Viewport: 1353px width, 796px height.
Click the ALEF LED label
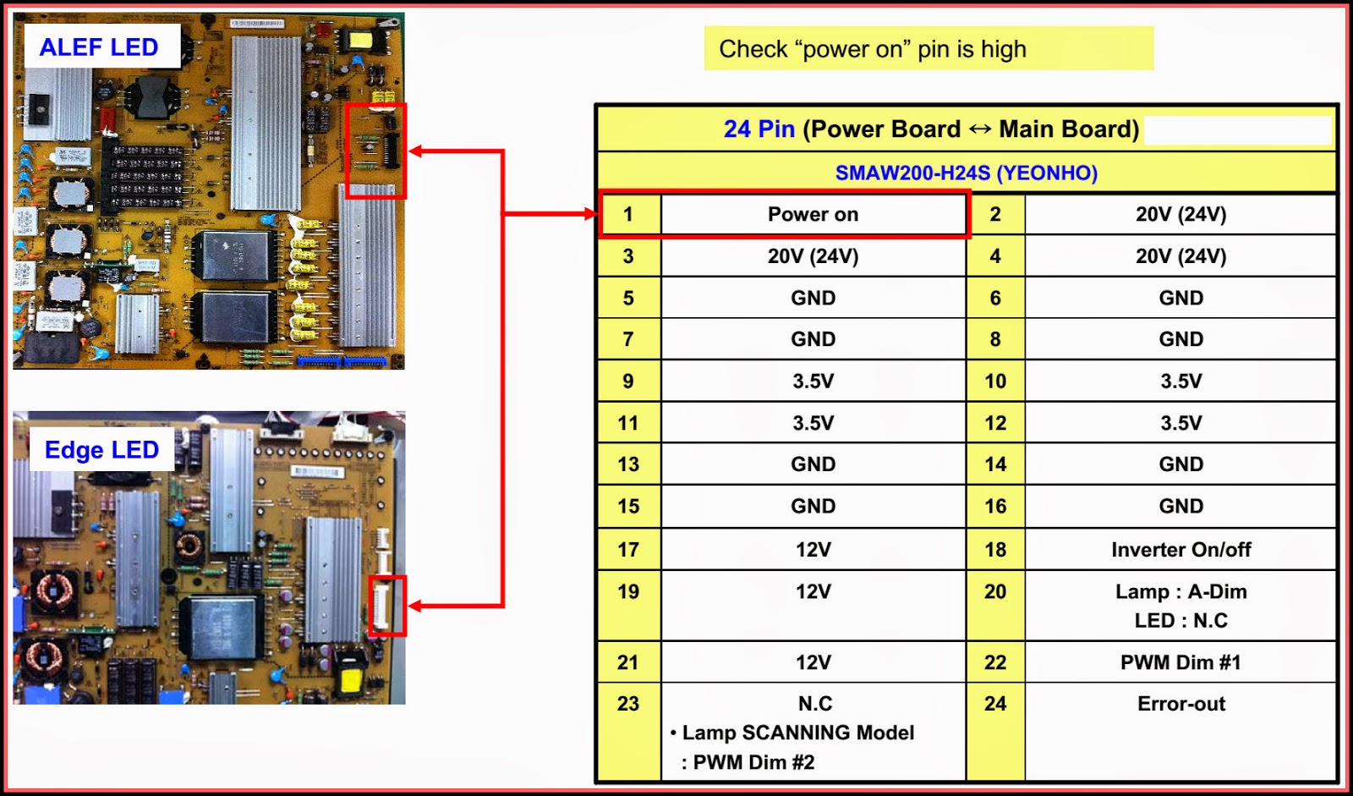[x=99, y=47]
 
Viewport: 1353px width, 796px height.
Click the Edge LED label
[x=101, y=450]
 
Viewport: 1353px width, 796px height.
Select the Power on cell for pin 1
[x=813, y=215]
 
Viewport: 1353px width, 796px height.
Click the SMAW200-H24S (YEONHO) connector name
[x=966, y=173]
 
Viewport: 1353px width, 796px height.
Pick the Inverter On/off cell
[x=1180, y=550]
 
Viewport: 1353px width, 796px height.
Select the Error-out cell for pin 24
[x=1180, y=704]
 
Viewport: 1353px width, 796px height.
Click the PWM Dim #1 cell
[x=1180, y=662]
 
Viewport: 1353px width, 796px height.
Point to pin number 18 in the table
[x=995, y=550]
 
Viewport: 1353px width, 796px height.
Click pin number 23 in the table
[x=628, y=704]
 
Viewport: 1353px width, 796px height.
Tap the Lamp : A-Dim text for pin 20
[x=1180, y=592]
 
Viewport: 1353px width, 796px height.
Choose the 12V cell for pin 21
[x=813, y=662]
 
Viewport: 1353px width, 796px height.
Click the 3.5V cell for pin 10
[x=1180, y=382]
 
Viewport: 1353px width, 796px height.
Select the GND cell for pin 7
[x=813, y=339]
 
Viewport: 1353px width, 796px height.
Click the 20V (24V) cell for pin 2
[x=1180, y=215]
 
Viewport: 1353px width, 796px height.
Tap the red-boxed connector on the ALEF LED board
[x=376, y=151]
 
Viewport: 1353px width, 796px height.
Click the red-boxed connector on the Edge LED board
[x=387, y=606]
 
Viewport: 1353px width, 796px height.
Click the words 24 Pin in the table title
[x=759, y=129]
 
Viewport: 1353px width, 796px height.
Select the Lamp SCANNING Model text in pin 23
[x=797, y=733]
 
